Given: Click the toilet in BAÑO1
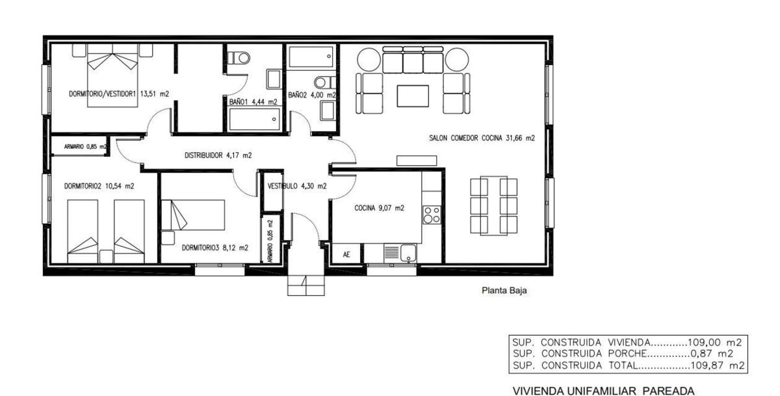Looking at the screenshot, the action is tap(239, 58).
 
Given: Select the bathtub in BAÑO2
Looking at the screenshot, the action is tap(311, 57).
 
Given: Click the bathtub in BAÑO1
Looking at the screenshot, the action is tap(255, 120).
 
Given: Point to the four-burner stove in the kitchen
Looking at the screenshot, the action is tap(432, 215).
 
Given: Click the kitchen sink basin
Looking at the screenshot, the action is tap(408, 253).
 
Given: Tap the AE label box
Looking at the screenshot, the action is tap(346, 254).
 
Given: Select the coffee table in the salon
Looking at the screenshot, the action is tap(413, 96).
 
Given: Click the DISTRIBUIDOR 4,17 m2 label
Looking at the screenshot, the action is tap(218, 155).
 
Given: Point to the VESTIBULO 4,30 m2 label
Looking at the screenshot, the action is tap(297, 186).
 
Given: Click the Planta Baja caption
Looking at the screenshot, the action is tap(504, 290).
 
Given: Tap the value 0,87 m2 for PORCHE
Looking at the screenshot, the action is tap(712, 354).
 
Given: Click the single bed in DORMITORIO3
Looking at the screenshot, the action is tap(193, 215).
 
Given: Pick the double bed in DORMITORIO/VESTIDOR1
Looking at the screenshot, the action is tap(112, 75).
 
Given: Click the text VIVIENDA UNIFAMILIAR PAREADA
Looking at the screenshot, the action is tap(603, 391).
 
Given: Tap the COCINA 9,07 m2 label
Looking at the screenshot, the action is tap(379, 208).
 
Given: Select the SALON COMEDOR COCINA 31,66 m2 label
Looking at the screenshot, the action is tap(482, 138).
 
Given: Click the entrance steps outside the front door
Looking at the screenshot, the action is tap(306, 285).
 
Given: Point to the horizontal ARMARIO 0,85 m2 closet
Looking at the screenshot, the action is tap(79, 146).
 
